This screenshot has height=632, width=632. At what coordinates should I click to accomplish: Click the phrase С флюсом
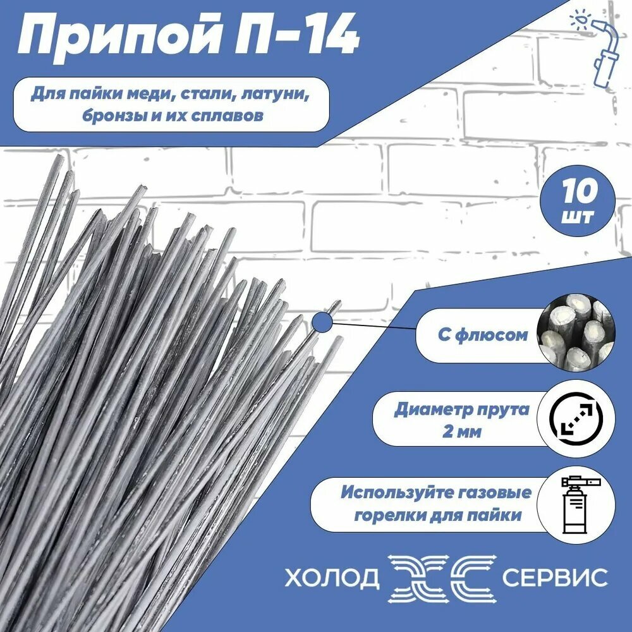[483, 334]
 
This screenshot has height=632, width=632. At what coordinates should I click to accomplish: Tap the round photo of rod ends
[574, 335]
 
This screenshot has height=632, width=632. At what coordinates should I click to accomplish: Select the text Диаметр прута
[462, 409]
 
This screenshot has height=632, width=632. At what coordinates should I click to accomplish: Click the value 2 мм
[462, 432]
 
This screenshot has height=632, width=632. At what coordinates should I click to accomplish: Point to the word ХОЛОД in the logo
[332, 576]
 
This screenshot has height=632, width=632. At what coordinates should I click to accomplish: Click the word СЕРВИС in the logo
[554, 576]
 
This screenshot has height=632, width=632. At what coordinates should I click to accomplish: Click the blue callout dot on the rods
[322, 323]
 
